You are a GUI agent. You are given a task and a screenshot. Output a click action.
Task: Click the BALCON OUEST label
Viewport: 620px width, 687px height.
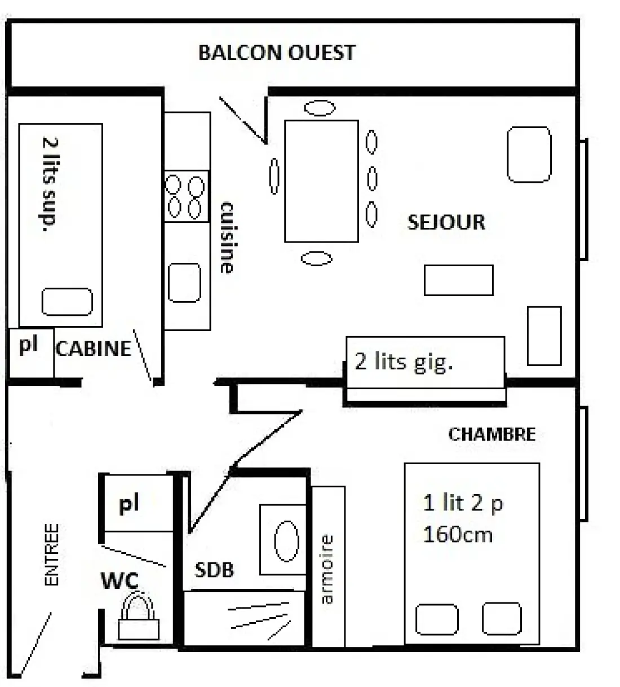(277, 53)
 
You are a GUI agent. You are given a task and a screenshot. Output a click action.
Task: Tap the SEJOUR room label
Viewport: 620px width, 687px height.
(446, 222)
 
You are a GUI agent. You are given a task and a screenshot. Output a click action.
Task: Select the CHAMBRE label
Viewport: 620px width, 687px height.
(491, 435)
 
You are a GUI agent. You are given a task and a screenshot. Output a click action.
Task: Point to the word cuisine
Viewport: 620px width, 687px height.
(227, 237)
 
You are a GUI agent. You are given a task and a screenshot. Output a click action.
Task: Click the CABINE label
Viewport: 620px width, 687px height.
(94, 349)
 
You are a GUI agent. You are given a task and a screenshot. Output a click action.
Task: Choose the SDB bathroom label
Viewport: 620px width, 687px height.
(214, 570)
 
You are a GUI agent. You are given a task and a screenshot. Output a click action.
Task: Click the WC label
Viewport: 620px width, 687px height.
(119, 580)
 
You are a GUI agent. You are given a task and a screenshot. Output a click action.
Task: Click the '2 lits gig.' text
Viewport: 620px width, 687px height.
(404, 362)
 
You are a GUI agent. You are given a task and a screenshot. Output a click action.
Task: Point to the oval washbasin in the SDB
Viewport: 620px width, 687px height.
(286, 541)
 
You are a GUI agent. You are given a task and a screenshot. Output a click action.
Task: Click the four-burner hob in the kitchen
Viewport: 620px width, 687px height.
(186, 196)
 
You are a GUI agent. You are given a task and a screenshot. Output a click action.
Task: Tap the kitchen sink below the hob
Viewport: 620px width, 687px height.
(184, 283)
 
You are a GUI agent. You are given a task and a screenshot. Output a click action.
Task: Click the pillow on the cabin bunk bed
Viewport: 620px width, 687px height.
(67, 302)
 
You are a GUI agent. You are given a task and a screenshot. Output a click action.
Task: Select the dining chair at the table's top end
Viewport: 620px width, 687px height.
(320, 108)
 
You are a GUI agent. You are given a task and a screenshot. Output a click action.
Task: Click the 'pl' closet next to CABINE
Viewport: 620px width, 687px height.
(31, 353)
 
